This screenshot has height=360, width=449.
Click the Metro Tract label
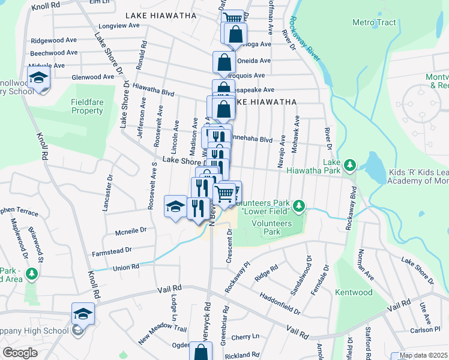pos(374,22)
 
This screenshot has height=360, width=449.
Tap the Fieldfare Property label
pos(87,106)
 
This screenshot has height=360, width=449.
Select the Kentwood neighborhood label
pos(355,292)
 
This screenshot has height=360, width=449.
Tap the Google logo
pos(20,353)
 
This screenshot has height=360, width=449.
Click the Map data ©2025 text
pos(424,355)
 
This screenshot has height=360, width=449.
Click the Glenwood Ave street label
pos(92,77)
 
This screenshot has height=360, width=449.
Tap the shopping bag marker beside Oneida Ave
pos(223,62)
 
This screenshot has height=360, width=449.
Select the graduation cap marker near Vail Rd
pos(83,313)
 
